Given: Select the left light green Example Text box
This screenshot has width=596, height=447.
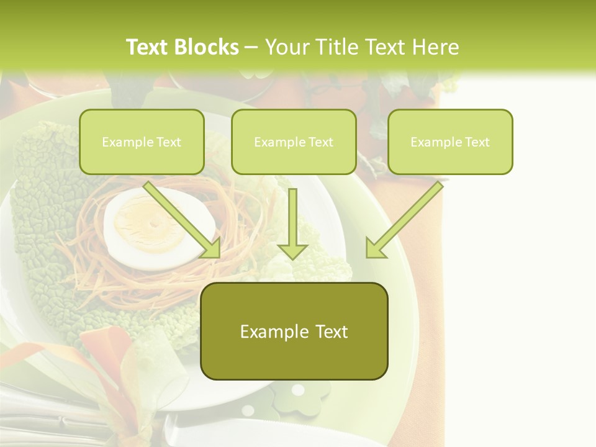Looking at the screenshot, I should coord(142,142).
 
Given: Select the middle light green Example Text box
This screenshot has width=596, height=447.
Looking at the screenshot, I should coord(294,142).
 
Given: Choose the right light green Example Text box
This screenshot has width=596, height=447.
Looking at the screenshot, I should coord(450,142).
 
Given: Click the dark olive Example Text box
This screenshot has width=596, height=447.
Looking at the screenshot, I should coord(294,331).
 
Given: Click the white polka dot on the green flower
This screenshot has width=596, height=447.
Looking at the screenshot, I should coord(298,390).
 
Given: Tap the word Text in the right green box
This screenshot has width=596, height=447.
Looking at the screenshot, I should coord(477,142).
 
